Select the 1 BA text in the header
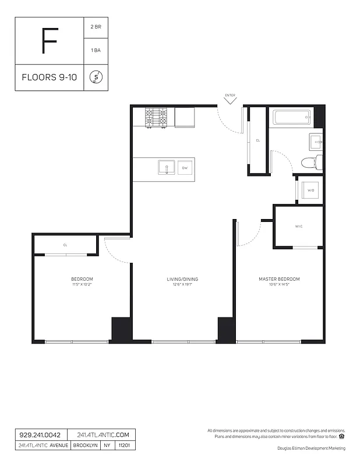point(96,51)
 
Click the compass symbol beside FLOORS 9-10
point(96,77)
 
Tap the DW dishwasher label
point(185,168)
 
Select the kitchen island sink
point(166,168)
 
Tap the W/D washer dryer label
point(310,190)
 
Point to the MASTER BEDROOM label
point(279,280)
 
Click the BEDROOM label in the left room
point(82,280)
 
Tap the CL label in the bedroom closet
point(65,245)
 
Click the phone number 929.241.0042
point(40,435)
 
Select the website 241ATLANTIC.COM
point(101,435)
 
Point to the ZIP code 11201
point(125,446)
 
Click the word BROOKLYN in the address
point(85,446)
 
